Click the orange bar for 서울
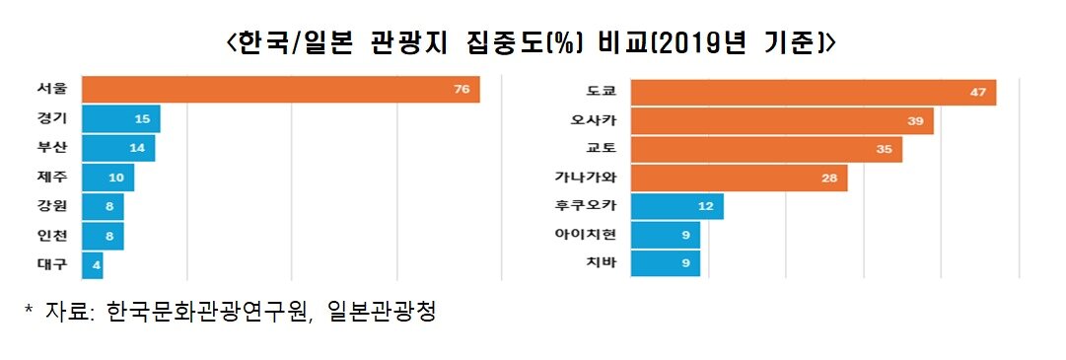280,90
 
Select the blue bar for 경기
120,119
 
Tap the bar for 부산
117,149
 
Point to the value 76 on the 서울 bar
461,90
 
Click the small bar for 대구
92,265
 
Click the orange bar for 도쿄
813,92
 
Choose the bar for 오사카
781,120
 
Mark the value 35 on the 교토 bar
884,150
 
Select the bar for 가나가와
739,179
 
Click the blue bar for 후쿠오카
676,207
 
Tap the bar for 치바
665,264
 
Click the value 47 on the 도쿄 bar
977,92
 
